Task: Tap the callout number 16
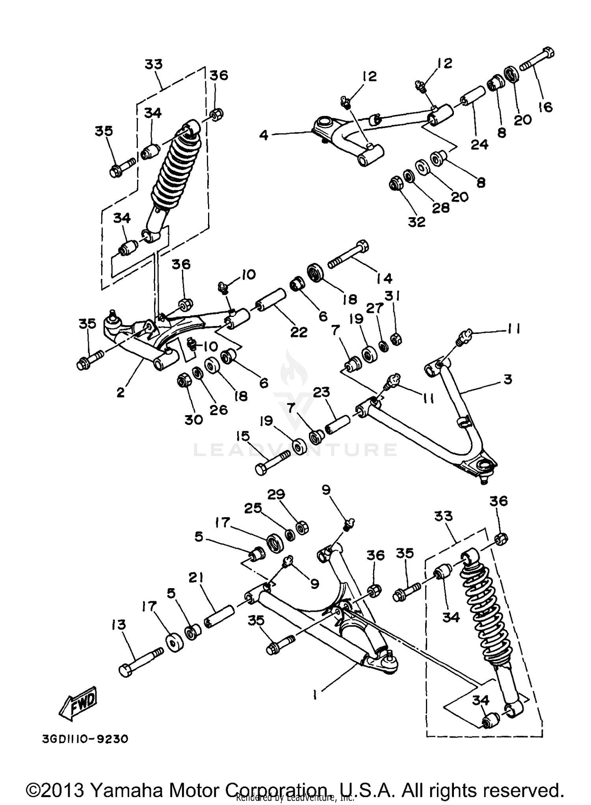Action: [545, 106]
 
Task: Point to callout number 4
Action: [264, 135]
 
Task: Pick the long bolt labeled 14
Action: [349, 255]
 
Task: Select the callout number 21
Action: [195, 578]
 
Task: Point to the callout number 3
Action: [507, 379]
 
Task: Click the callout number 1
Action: [315, 696]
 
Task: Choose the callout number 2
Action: [120, 392]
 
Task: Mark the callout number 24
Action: [479, 144]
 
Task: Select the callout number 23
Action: [322, 392]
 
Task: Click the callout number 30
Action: [193, 419]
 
